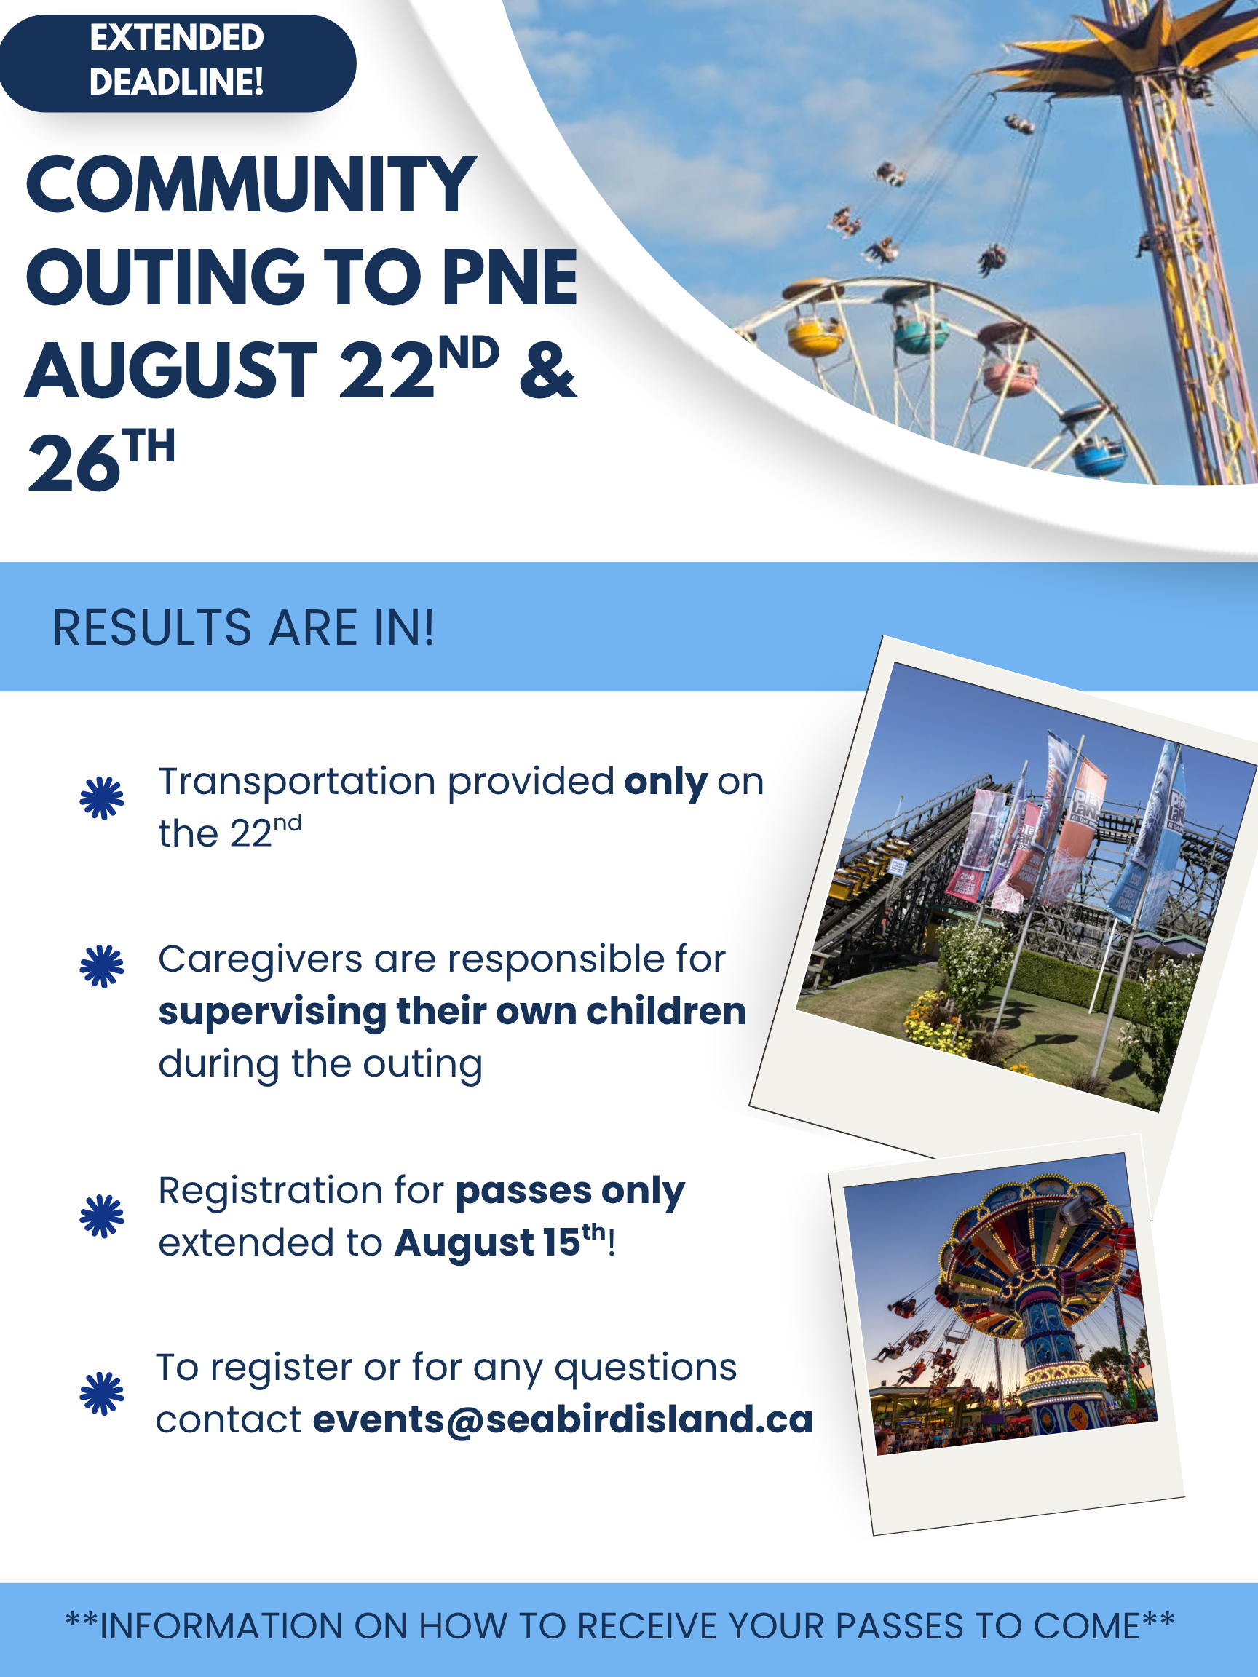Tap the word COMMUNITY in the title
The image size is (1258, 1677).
(x=251, y=184)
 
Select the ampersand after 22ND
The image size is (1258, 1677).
(x=548, y=370)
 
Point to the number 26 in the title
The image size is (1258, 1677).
(x=74, y=463)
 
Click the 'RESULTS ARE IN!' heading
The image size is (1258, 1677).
(x=243, y=627)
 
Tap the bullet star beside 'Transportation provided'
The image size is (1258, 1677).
(x=102, y=798)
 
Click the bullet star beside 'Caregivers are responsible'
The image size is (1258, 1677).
(x=102, y=966)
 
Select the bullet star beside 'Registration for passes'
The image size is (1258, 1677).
(x=102, y=1216)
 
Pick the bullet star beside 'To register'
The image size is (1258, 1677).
(x=102, y=1393)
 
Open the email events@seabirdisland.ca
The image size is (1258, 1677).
(x=563, y=1419)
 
